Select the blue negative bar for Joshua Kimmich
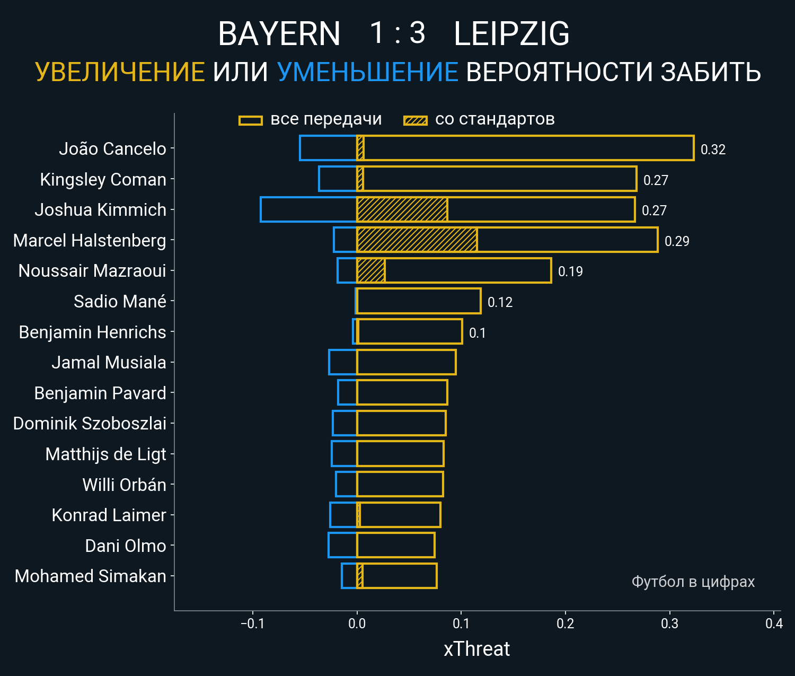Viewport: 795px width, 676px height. [x=308, y=209]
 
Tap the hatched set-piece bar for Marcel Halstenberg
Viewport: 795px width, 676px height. [x=417, y=240]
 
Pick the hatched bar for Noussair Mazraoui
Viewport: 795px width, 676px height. [x=371, y=270]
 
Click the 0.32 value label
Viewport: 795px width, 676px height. [x=713, y=150]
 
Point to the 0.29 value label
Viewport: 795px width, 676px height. [x=677, y=241]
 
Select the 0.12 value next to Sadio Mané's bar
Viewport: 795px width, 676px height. [x=500, y=302]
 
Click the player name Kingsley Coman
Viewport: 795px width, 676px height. [x=103, y=179]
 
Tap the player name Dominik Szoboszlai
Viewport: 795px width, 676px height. [x=90, y=423]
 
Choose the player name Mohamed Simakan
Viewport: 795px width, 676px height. [x=91, y=576]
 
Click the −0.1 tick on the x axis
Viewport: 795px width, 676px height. [x=252, y=624]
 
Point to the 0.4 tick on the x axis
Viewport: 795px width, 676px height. [x=774, y=624]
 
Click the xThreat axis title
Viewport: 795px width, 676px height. [x=476, y=649]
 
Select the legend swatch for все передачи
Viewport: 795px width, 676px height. [x=251, y=120]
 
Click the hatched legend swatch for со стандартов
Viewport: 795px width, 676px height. [x=416, y=120]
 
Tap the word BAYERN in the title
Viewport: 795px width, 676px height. [x=279, y=34]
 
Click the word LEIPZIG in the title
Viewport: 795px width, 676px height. [x=511, y=34]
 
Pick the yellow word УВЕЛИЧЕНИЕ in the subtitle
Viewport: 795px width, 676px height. [x=120, y=72]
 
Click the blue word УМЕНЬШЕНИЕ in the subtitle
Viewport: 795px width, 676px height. [x=367, y=72]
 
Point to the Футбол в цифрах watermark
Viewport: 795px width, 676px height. [x=693, y=582]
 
